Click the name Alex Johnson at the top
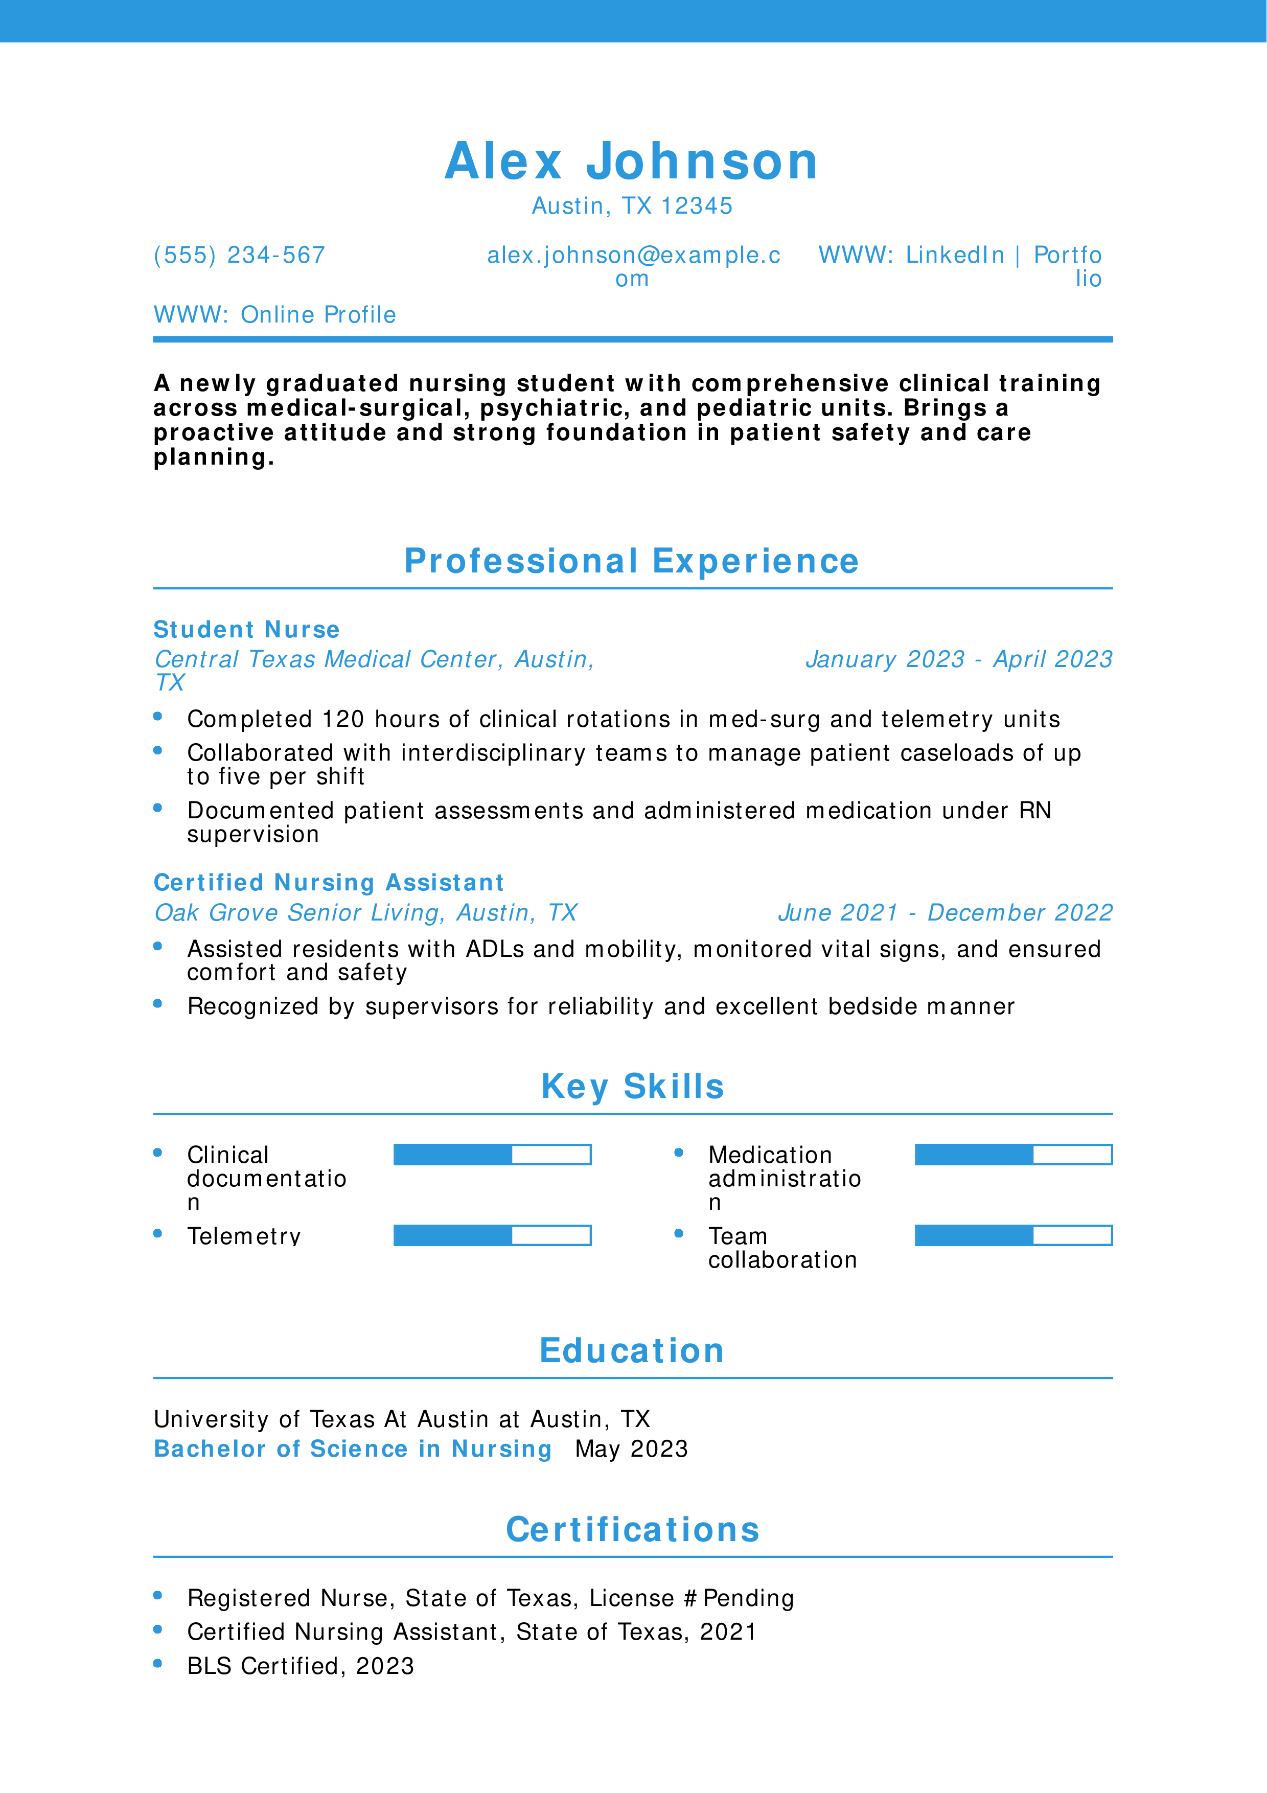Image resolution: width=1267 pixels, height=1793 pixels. click(x=632, y=162)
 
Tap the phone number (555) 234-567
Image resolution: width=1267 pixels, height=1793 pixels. click(x=240, y=256)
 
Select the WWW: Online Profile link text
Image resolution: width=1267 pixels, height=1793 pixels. click(x=275, y=315)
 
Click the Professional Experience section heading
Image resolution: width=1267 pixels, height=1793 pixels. click(x=632, y=562)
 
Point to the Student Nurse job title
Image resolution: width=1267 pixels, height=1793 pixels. click(x=247, y=629)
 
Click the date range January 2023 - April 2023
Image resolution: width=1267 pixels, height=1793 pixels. click(x=959, y=660)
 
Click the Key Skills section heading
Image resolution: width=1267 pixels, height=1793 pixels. click(x=632, y=1086)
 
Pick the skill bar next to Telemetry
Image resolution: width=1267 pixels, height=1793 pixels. click(x=492, y=1235)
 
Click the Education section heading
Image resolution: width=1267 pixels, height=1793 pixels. click(x=632, y=1351)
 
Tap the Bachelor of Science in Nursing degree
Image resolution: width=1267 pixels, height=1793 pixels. click(x=353, y=1450)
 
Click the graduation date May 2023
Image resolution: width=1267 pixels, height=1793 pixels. click(x=632, y=1450)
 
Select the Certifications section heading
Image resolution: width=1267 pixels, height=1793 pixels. click(x=632, y=1530)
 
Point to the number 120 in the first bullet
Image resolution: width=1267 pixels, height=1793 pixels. click(x=343, y=719)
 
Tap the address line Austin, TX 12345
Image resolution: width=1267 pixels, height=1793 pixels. click(x=632, y=206)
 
